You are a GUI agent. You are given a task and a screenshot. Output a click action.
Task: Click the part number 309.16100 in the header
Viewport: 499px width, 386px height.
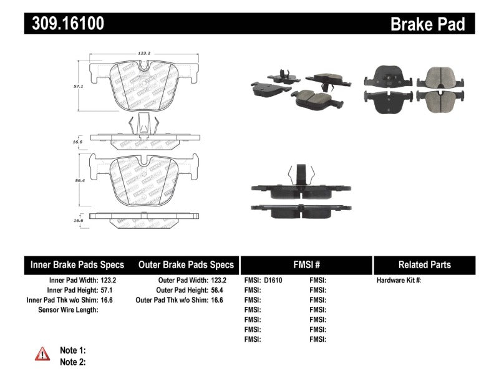tap(64, 24)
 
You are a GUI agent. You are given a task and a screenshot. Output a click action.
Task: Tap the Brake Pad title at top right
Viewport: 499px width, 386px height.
tap(427, 24)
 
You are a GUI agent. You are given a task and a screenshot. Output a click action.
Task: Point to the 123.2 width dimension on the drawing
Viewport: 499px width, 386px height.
tap(145, 54)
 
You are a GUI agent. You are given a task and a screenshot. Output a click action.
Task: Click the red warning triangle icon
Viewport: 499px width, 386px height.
tap(43, 354)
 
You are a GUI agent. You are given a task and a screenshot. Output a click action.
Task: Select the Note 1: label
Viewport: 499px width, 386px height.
tap(72, 350)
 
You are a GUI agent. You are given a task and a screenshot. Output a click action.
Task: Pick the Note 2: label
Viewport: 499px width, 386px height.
tap(72, 362)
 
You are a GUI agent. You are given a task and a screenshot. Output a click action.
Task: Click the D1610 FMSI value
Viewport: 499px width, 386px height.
tap(273, 281)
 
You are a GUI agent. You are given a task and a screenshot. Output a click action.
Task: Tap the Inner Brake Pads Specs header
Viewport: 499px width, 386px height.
tap(77, 265)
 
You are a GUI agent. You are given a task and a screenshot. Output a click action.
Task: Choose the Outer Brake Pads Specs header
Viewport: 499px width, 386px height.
tap(186, 265)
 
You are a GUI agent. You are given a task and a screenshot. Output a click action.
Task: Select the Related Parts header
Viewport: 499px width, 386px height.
tap(425, 265)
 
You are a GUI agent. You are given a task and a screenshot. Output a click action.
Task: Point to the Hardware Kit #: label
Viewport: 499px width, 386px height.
tap(399, 281)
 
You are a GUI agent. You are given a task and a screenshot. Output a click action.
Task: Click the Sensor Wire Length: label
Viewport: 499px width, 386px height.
tap(69, 310)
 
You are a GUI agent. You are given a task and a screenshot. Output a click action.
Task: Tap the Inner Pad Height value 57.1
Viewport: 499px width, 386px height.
tap(110, 291)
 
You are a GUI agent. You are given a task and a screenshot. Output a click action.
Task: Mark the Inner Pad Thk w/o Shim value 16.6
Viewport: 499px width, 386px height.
tap(110, 300)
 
